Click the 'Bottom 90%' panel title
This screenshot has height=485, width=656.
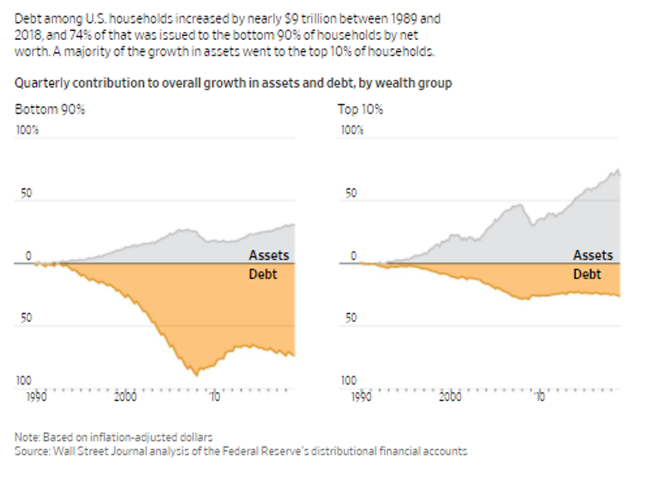[50, 109]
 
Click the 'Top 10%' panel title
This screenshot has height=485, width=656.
[360, 109]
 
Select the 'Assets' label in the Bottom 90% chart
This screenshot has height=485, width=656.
[269, 256]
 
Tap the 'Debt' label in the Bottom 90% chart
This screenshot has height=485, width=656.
[263, 275]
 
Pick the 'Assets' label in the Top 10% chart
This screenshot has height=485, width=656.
[593, 256]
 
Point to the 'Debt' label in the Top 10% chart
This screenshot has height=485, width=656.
[587, 275]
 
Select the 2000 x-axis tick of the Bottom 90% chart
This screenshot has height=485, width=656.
[126, 396]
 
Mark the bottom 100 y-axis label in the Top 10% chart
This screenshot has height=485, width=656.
[349, 381]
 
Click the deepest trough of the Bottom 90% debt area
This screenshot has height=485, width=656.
[196, 374]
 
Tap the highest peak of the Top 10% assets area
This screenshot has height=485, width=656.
[617, 169]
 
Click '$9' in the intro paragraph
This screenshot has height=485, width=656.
[292, 18]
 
